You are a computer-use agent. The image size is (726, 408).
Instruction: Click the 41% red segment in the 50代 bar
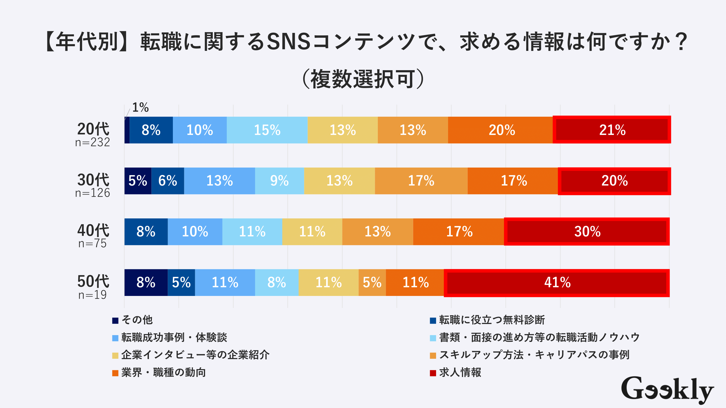point(557,282)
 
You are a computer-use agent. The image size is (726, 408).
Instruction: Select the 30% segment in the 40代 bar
point(587,231)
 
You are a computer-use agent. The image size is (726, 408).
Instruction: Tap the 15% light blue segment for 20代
point(267,130)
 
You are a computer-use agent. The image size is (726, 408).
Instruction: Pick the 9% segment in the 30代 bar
point(279,181)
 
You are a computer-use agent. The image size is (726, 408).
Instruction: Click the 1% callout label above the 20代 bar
point(140,107)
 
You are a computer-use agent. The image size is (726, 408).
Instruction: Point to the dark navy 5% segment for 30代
point(137,181)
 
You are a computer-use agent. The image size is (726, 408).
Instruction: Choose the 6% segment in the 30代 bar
point(168,181)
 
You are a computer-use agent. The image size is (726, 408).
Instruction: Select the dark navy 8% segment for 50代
point(146,282)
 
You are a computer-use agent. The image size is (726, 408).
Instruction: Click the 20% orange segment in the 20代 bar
point(501,130)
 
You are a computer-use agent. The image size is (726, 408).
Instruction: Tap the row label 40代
point(93,230)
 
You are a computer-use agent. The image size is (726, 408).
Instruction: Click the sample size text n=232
point(93,143)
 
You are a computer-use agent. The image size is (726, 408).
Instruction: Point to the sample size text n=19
point(93,295)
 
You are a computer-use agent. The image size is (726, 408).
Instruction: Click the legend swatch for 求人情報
point(433,373)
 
